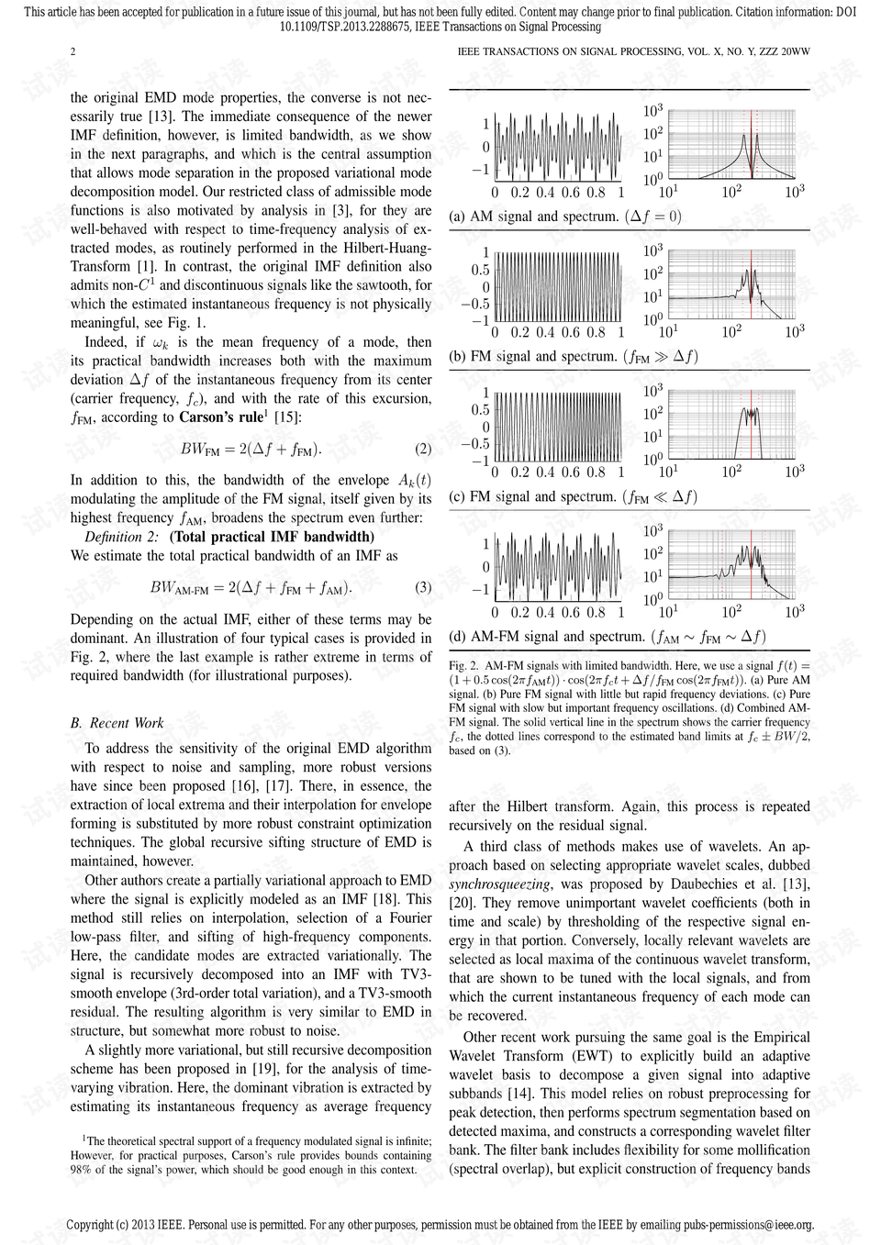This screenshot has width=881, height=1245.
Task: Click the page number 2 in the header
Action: coord(73,51)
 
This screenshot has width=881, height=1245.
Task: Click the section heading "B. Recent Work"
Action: coord(117,723)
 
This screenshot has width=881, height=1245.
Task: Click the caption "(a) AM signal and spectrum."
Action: coord(534,217)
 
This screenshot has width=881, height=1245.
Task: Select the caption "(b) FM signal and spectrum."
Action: coord(534,356)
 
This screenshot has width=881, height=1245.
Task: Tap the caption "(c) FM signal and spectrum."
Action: coord(534,496)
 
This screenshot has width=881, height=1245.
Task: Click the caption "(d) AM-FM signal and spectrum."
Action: coord(547,637)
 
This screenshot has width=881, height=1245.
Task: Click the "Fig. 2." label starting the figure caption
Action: coord(463,665)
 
